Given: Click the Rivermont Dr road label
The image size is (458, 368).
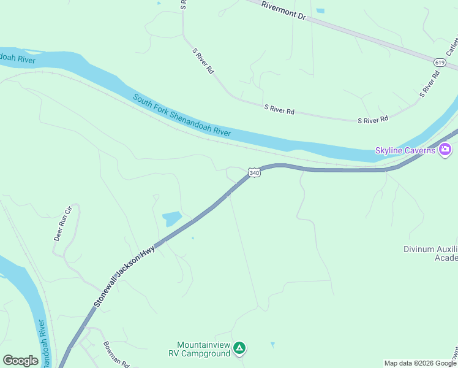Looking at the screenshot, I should (x=283, y=10).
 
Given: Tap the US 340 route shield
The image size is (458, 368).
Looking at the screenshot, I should (x=255, y=174).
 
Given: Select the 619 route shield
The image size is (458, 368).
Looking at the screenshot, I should (x=439, y=63).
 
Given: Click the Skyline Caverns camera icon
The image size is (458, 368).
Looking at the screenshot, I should (x=445, y=150).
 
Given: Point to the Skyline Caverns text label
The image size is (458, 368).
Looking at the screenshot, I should (x=405, y=151).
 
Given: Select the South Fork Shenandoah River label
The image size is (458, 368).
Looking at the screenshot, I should (x=182, y=115).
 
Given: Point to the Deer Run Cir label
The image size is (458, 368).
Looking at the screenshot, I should (x=64, y=223).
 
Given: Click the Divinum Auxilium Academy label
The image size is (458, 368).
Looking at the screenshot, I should (x=430, y=253).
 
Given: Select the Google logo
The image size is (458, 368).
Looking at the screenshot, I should (x=20, y=361).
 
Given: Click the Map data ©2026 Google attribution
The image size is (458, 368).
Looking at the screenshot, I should (x=420, y=363).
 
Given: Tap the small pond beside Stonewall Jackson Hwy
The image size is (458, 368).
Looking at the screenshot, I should (x=172, y=218).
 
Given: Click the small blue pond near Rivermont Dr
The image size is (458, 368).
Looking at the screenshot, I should (x=320, y=10).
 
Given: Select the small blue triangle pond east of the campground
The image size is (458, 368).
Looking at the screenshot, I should (x=272, y=345).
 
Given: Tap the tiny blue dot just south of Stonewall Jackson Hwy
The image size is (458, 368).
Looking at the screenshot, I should (x=193, y=238).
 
